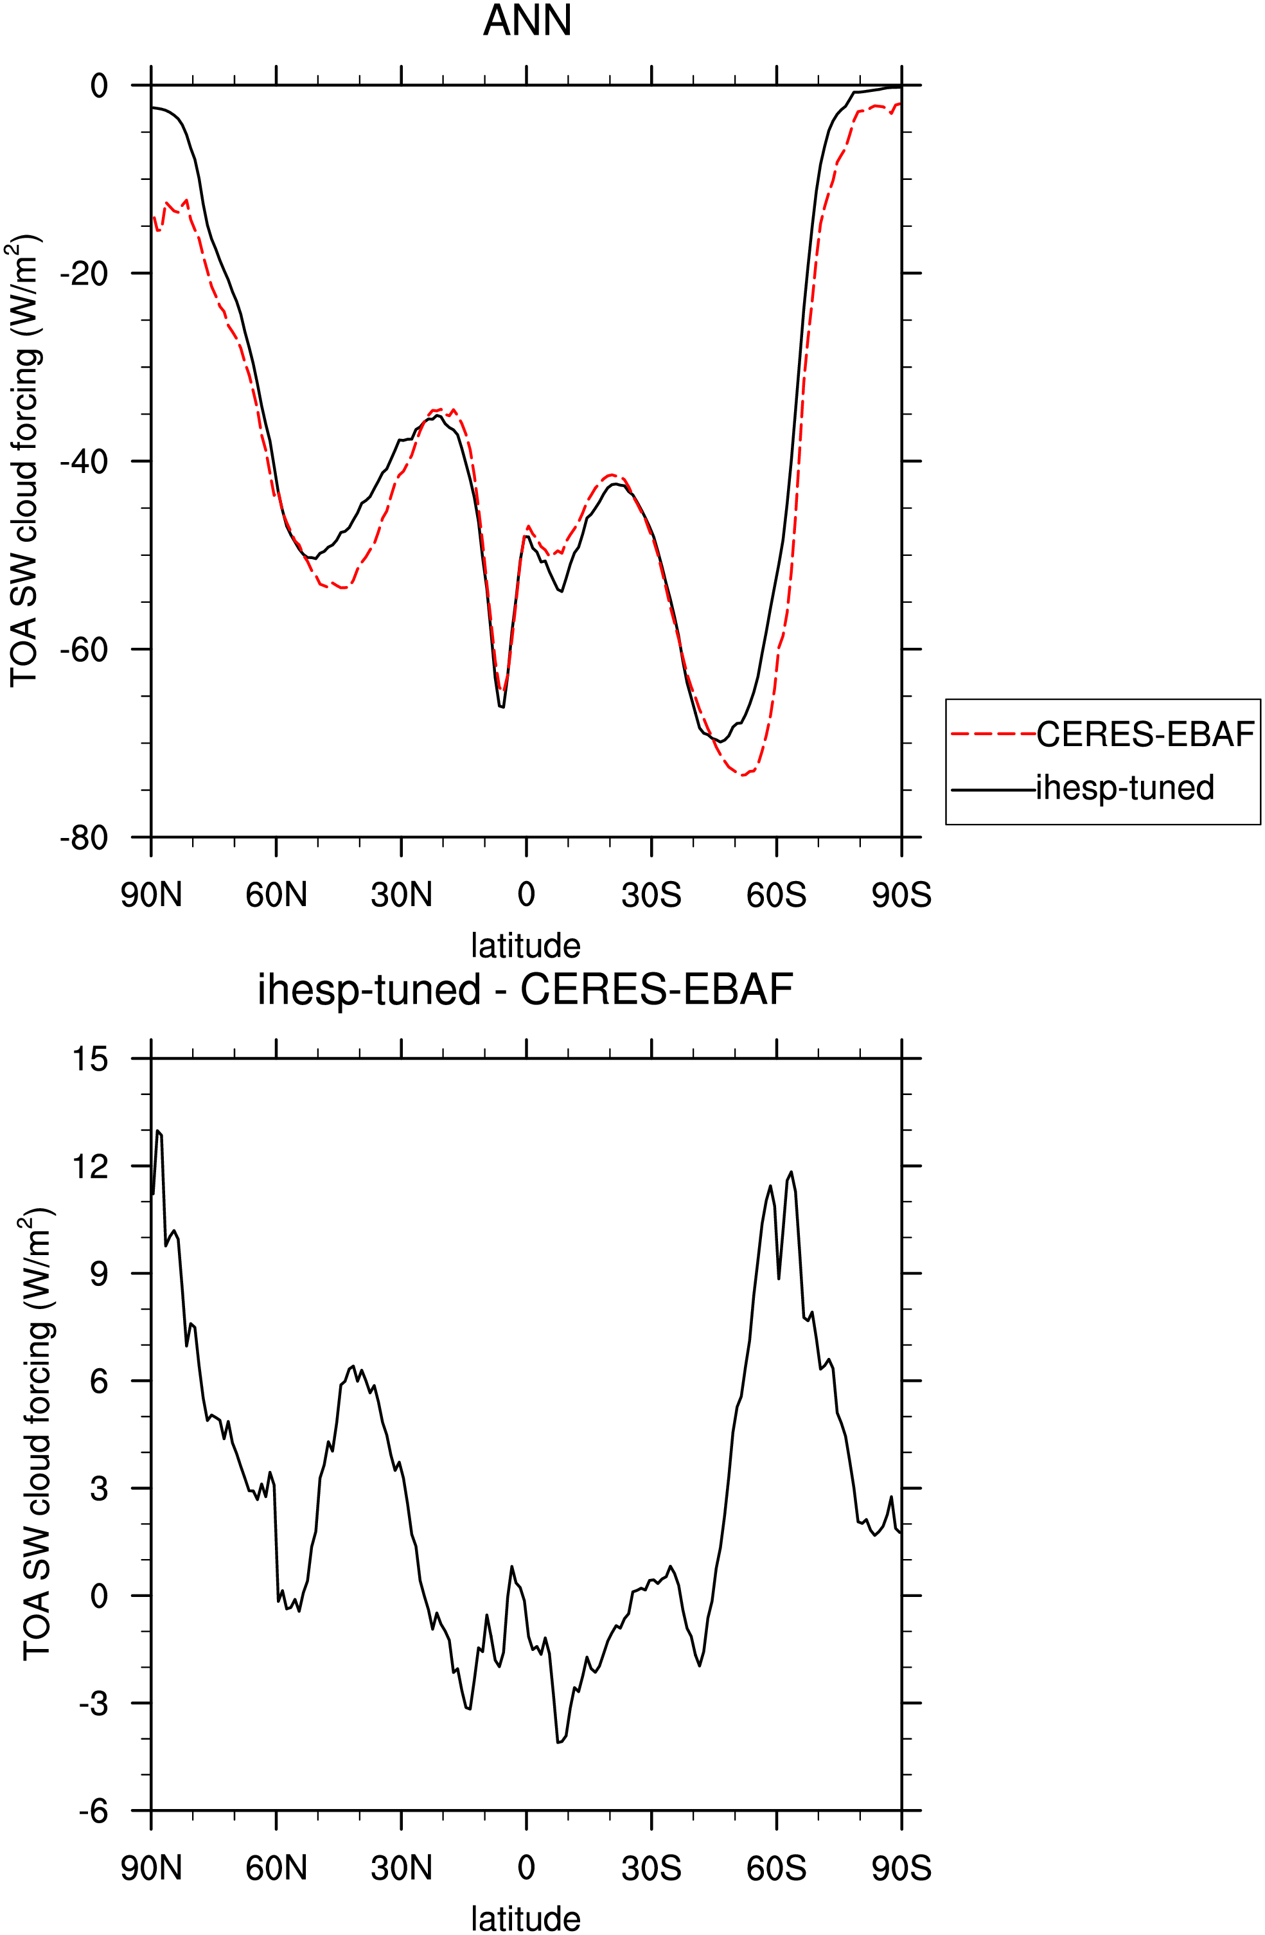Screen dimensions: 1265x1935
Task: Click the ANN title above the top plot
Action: (x=527, y=21)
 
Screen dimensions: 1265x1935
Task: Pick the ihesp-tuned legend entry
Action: (x=1124, y=788)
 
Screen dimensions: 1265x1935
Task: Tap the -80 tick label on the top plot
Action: (x=84, y=837)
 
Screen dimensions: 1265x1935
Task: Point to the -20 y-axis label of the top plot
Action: (x=84, y=273)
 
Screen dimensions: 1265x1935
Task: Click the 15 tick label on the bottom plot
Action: (x=89, y=1058)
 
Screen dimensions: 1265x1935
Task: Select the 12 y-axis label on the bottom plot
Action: (x=89, y=1166)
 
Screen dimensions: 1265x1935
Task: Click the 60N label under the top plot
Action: (x=276, y=895)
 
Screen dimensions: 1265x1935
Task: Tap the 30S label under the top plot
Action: (x=651, y=895)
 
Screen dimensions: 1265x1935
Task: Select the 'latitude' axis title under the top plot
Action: (x=526, y=945)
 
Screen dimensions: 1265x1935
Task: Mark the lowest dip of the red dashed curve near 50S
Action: (x=742, y=775)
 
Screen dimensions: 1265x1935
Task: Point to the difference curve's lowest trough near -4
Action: (x=558, y=1742)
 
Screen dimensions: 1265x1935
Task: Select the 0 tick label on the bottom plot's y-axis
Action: (x=99, y=1596)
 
